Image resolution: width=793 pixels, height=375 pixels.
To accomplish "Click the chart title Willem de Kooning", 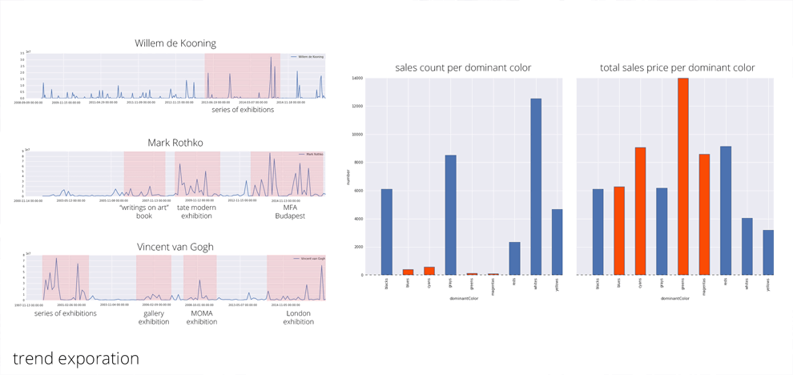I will [x=175, y=42].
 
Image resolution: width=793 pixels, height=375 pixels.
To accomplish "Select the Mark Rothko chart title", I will [x=175, y=143].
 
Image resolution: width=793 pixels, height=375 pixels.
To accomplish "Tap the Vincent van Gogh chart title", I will [x=175, y=247].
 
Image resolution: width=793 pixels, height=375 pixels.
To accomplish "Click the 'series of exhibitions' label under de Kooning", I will [x=243, y=110].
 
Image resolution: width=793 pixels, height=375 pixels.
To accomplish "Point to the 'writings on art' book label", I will [x=144, y=212].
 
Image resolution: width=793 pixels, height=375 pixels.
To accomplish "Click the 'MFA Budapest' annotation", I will [x=290, y=212].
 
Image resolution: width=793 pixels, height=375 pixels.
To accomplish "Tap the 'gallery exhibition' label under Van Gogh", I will [x=154, y=317].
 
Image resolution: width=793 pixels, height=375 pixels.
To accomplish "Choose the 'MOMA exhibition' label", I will [x=202, y=317].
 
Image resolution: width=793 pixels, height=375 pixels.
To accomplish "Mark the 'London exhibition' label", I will [x=298, y=317].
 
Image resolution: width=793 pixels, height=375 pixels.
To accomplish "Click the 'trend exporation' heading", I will [x=76, y=358].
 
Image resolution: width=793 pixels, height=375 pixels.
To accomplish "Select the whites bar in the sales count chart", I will [x=536, y=187].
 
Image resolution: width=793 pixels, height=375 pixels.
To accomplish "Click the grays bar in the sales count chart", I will [x=451, y=215].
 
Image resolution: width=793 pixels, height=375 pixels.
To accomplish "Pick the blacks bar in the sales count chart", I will [x=387, y=232].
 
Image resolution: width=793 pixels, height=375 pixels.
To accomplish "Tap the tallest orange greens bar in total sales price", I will [x=683, y=176].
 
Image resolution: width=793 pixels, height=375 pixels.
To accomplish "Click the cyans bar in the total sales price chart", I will [x=641, y=211].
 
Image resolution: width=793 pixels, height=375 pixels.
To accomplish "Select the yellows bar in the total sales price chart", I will [x=768, y=252].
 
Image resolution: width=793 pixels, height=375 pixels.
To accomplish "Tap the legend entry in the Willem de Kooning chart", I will [x=308, y=57].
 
